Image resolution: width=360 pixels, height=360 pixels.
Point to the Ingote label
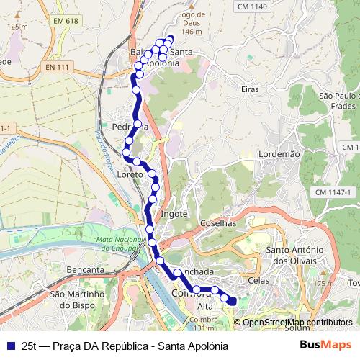175,214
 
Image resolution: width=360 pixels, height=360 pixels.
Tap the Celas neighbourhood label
258,279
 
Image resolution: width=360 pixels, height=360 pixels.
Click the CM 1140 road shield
251,6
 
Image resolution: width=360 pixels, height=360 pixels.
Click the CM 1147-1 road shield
333,192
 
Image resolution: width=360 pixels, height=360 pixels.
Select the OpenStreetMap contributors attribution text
297,323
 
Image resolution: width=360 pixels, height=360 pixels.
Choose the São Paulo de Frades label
338,101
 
